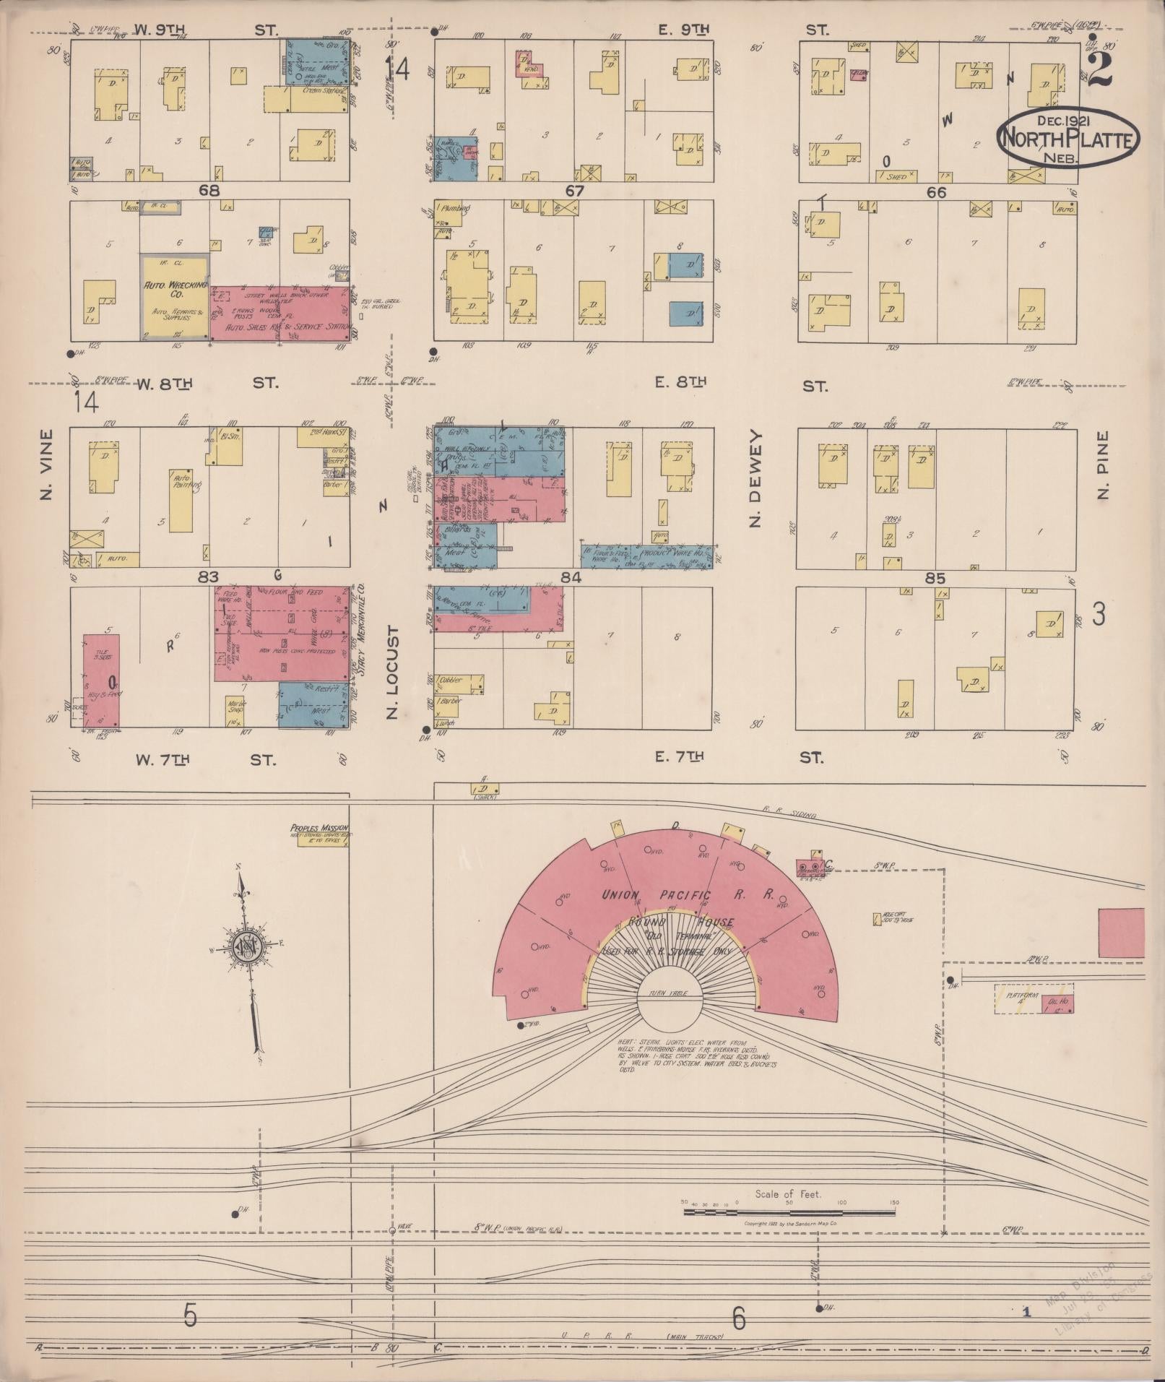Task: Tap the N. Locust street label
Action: [x=392, y=673]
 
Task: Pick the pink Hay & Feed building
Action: [x=101, y=681]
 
